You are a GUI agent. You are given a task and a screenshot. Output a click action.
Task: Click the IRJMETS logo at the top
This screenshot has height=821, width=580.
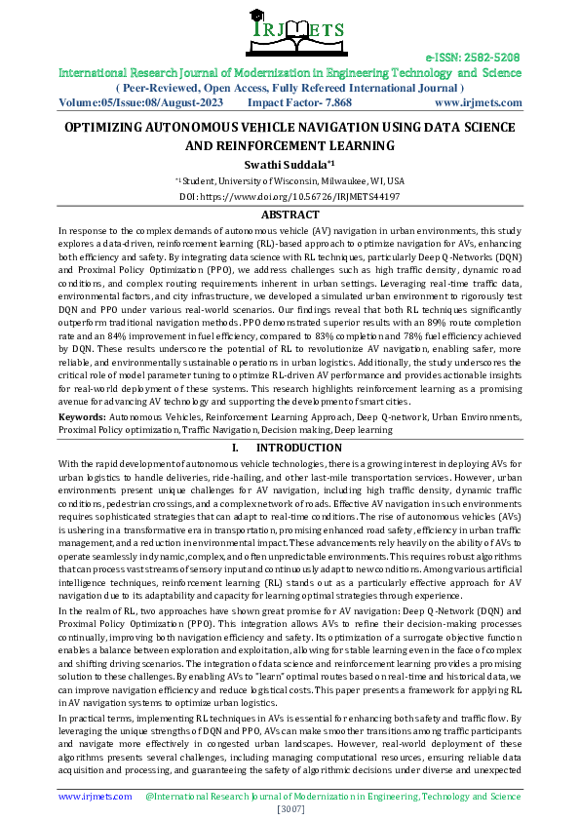click(290, 35)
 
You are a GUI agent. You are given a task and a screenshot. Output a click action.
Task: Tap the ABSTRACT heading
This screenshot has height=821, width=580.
click(290, 215)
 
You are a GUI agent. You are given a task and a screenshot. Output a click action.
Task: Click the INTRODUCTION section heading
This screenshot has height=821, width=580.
click(301, 448)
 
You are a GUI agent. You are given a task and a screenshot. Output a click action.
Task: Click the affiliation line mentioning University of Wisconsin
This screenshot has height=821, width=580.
click(290, 181)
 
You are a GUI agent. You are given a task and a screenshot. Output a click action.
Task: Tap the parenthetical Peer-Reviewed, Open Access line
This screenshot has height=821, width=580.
click(290, 88)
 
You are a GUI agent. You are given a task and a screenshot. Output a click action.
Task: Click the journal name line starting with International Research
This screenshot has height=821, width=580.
click(290, 73)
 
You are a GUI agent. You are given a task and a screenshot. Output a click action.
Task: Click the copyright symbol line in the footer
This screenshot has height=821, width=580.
click(332, 797)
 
